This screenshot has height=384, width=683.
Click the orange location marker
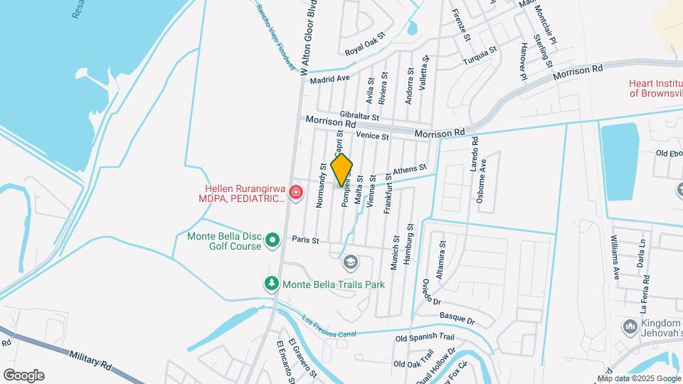(341, 170)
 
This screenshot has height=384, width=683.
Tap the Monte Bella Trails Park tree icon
(271, 284)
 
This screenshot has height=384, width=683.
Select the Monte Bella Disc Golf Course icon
(272, 242)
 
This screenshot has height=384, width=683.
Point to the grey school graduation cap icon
(349, 263)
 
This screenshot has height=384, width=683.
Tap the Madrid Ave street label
(330, 79)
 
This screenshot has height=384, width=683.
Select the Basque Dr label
(455, 319)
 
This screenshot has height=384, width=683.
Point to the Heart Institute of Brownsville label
(655, 88)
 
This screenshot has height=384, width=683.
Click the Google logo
(23, 375)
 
